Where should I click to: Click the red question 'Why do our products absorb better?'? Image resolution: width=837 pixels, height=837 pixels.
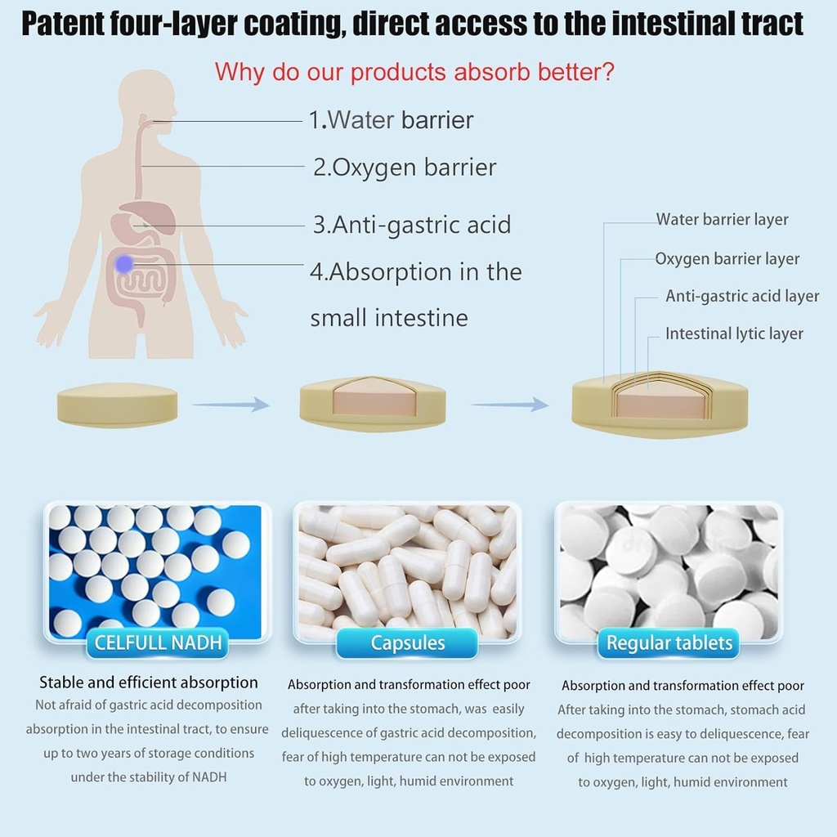414,72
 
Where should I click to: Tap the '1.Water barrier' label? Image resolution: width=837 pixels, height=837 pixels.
391,120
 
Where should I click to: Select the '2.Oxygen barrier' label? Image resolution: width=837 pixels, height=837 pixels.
405,168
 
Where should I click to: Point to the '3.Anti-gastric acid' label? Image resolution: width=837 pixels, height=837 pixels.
411,224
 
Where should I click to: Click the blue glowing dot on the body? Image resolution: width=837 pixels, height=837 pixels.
123,263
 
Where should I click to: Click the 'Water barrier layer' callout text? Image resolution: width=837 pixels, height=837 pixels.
722,219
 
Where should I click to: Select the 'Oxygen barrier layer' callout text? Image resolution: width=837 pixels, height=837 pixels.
727,259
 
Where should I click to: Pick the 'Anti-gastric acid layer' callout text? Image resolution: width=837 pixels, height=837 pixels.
741,296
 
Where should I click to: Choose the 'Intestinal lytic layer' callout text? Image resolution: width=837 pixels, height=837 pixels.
733,333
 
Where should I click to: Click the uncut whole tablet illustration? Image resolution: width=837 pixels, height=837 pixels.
117,405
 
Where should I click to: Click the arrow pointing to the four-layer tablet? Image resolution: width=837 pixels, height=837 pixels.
510,404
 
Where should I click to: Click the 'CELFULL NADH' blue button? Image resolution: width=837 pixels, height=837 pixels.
158,642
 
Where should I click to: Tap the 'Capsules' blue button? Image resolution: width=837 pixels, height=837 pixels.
407,642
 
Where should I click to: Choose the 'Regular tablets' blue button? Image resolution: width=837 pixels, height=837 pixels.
669,643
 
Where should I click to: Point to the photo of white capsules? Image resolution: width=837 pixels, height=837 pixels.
407,569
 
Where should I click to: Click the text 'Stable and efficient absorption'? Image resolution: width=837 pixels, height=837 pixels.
149,683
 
